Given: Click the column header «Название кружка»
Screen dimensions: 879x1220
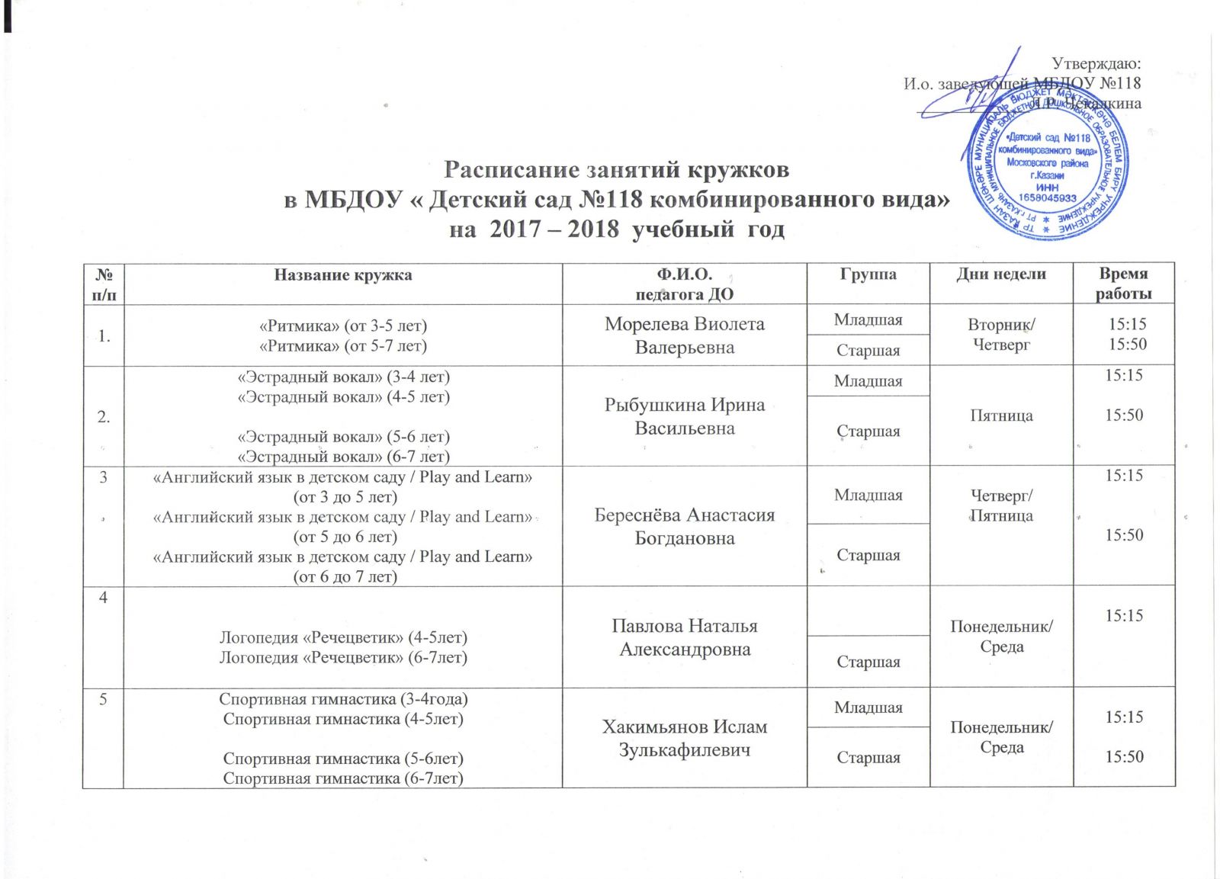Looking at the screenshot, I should [343, 275].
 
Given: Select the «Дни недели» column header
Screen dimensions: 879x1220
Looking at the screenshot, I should [1001, 274].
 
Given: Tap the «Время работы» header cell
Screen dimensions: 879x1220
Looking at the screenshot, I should [1124, 284].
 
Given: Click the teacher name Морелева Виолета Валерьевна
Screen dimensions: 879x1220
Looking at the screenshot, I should [685, 335].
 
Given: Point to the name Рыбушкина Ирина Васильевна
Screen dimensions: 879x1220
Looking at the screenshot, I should [685, 416].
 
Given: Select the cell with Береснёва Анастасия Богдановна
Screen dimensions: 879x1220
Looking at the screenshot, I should [685, 526].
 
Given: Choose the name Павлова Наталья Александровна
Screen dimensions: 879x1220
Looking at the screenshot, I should [685, 637].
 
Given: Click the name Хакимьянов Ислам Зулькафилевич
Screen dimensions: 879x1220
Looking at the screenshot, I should [685, 738].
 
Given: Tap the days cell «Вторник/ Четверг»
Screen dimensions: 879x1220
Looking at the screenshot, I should [1001, 334].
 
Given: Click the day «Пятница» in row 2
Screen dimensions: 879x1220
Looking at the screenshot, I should [1001, 415].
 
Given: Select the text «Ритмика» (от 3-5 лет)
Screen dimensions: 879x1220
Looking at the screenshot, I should [343, 326].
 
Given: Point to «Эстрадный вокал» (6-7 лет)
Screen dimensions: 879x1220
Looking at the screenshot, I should [343, 457].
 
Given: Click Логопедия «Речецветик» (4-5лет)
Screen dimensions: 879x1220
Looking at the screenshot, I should [343, 637].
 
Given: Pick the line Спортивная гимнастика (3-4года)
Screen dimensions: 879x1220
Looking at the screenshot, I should [343, 699].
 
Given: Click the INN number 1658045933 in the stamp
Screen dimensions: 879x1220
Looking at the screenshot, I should [1047, 197].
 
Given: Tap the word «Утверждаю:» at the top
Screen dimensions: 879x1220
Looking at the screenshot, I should [1096, 63].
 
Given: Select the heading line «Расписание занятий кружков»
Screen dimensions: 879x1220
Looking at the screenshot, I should [616, 168].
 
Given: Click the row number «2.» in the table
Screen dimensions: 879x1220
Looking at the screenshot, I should [103, 416].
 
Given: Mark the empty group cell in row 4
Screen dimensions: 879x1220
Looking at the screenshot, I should [868, 611].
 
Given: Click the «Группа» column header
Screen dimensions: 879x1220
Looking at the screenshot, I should [868, 274].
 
